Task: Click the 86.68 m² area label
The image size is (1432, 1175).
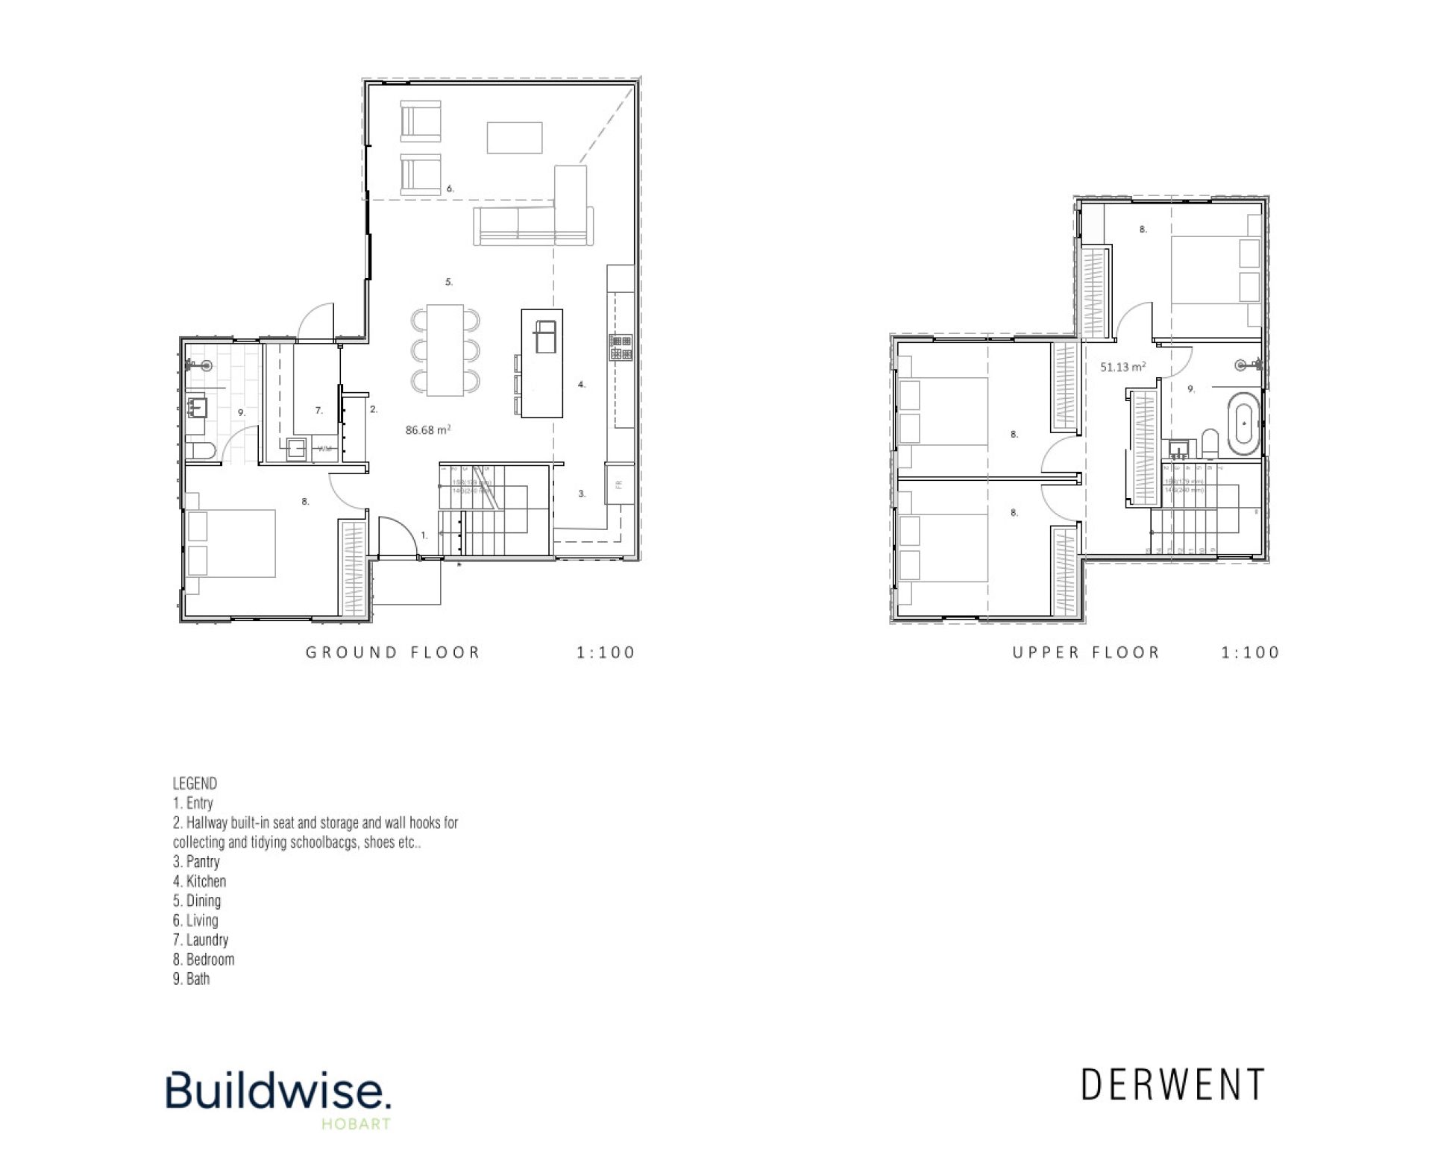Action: pyautogui.click(x=427, y=430)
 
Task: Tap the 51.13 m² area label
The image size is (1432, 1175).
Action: pyautogui.click(x=1122, y=367)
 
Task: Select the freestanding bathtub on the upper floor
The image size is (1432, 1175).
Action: pyautogui.click(x=1243, y=429)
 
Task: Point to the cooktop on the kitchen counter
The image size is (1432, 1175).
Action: pyautogui.click(x=621, y=347)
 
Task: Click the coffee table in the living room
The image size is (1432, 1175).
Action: pyautogui.click(x=515, y=138)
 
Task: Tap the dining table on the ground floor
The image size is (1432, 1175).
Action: pyautogui.click(x=445, y=350)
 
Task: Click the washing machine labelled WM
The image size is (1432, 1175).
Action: pyautogui.click(x=325, y=449)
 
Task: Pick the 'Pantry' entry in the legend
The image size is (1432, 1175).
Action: pyautogui.click(x=197, y=862)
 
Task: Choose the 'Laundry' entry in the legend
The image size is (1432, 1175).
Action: pyautogui.click(x=201, y=940)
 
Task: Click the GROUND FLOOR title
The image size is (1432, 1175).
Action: pyautogui.click(x=393, y=652)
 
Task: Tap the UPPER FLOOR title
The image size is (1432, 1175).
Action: pyautogui.click(x=1086, y=652)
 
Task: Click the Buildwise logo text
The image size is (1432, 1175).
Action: pyautogui.click(x=277, y=1091)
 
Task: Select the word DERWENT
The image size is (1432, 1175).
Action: pyautogui.click(x=1173, y=1085)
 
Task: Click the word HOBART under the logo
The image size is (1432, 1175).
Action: pyautogui.click(x=356, y=1124)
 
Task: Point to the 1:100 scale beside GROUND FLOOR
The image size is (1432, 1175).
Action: pyautogui.click(x=605, y=652)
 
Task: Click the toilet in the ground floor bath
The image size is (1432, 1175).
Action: pyautogui.click(x=199, y=450)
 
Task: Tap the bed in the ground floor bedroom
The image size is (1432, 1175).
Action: pyautogui.click(x=231, y=544)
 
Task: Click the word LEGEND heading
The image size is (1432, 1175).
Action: pyautogui.click(x=195, y=784)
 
